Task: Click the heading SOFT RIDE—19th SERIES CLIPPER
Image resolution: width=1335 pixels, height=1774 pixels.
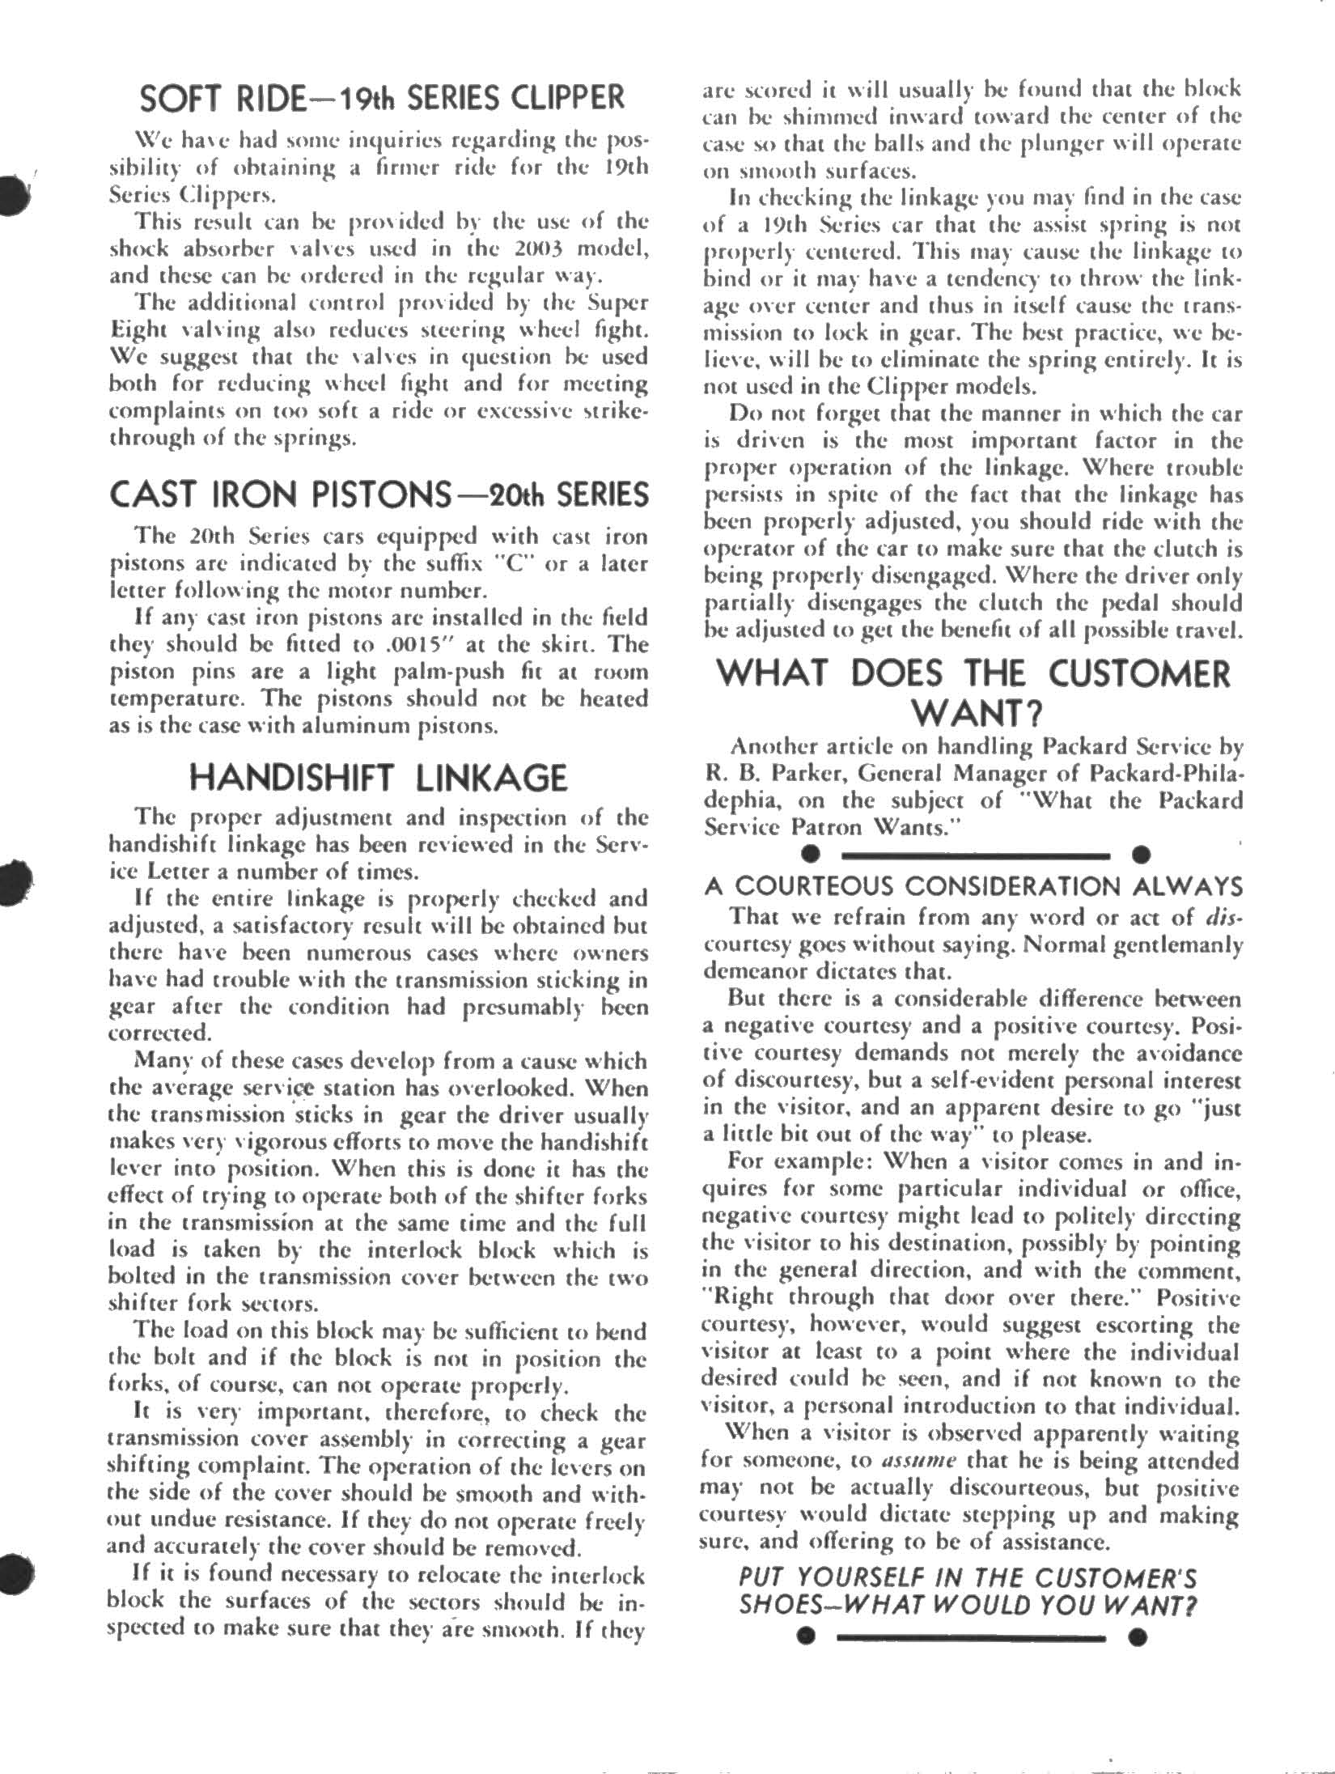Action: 382,98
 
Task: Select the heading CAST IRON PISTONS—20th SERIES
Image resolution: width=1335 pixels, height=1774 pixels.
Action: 379,494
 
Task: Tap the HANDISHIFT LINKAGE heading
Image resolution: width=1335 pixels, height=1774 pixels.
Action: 378,778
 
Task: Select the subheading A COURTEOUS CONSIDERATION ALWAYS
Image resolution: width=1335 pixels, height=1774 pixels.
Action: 973,887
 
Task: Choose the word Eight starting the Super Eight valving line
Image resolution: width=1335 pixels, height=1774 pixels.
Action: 132,330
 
